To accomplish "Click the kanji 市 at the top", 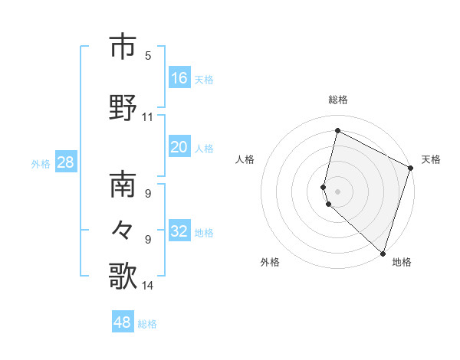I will pyautogui.click(x=123, y=47).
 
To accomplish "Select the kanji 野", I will pyautogui.click(x=123, y=107).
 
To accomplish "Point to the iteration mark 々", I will pyautogui.click(x=123, y=230).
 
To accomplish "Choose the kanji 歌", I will pyautogui.click(x=123, y=276).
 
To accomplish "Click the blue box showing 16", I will pyautogui.click(x=179, y=77).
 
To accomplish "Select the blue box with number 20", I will pyautogui.click(x=179, y=148).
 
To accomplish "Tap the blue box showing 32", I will pyautogui.click(x=179, y=232).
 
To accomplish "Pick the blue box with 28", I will pyautogui.click(x=65, y=162).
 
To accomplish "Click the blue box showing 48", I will pyautogui.click(x=123, y=322).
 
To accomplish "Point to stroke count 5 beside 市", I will pyautogui.click(x=148, y=55).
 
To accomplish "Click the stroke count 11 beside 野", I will pyautogui.click(x=148, y=117).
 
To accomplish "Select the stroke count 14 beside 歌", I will pyautogui.click(x=148, y=286).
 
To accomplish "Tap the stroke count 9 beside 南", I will pyautogui.click(x=148, y=193).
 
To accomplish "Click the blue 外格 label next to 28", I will pyautogui.click(x=41, y=163).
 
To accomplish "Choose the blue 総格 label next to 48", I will pyautogui.click(x=147, y=324).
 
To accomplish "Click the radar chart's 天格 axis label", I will pyautogui.click(x=431, y=159).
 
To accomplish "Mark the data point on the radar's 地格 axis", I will pyautogui.click(x=383, y=253).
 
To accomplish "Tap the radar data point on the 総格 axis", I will pyautogui.click(x=337, y=130).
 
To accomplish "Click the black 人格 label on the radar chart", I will pyautogui.click(x=245, y=159).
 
